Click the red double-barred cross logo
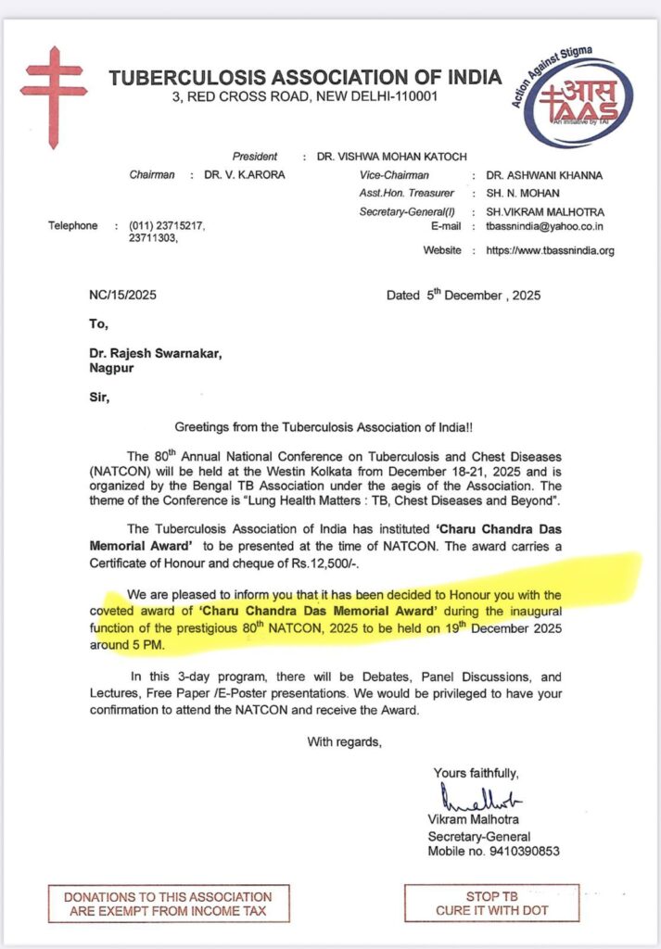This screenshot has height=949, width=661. point(54,85)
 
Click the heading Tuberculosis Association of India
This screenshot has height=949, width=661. point(305,77)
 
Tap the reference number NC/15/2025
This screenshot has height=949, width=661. point(118,297)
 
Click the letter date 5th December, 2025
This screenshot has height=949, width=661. point(463,296)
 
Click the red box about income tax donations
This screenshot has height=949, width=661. point(168,904)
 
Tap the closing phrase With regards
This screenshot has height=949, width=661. point(344,740)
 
